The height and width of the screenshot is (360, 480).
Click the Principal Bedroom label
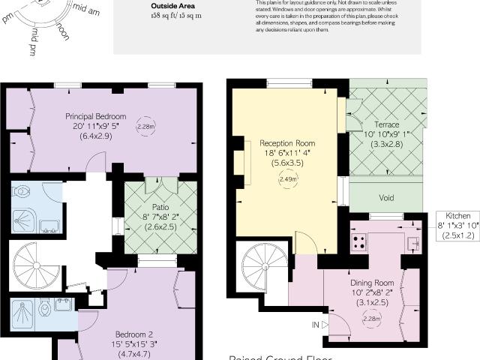click(95, 116)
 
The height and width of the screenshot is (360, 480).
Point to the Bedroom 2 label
click(134, 334)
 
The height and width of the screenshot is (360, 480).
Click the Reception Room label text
click(287, 142)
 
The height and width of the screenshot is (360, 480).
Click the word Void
click(386, 199)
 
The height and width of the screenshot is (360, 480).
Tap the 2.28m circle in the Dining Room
click(369, 318)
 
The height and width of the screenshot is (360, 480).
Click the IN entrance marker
click(316, 325)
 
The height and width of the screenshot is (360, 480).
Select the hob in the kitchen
click(358, 241)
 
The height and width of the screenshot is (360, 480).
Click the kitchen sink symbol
click(412, 241)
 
